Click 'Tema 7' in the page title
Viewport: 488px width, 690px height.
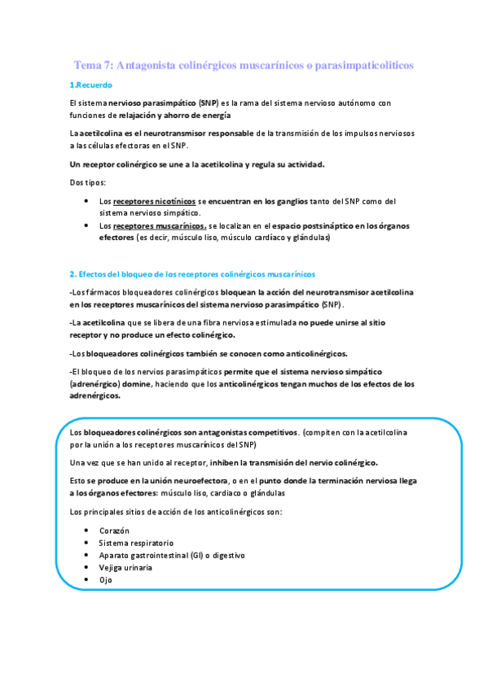coord(93,64)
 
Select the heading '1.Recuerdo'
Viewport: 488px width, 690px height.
coord(91,85)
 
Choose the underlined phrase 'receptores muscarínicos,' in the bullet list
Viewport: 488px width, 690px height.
coord(160,225)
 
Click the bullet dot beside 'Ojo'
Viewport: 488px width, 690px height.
coord(87,579)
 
